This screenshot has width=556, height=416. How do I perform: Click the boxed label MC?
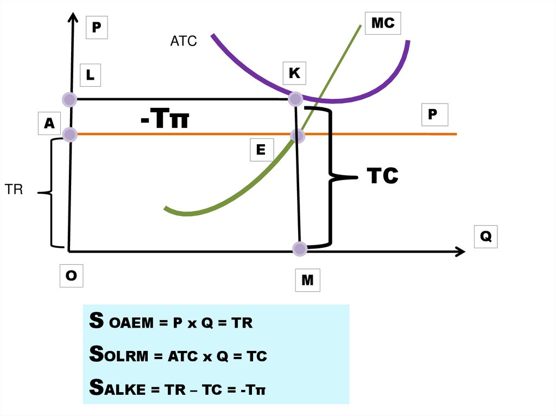click(382, 24)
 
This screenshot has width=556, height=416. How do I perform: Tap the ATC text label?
click(184, 41)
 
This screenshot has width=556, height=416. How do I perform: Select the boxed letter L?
click(90, 76)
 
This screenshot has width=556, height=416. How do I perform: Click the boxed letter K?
click(294, 73)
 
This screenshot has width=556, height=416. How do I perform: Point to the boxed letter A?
click(49, 124)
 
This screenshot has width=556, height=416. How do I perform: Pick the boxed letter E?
click(261, 150)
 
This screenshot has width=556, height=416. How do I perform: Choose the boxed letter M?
click(307, 280)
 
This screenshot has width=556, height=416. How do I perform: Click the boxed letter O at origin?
click(71, 276)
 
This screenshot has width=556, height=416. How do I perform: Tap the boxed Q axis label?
click(485, 236)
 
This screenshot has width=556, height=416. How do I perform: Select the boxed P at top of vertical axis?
click(97, 27)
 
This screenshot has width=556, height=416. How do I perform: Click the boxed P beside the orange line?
click(433, 114)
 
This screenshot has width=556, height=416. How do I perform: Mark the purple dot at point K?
click(295, 99)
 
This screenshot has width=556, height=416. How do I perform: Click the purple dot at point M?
click(299, 249)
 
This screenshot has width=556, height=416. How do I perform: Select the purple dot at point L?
click(69, 99)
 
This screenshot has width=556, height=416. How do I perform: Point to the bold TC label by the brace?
click(382, 176)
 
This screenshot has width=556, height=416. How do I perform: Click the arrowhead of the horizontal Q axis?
click(460, 251)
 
